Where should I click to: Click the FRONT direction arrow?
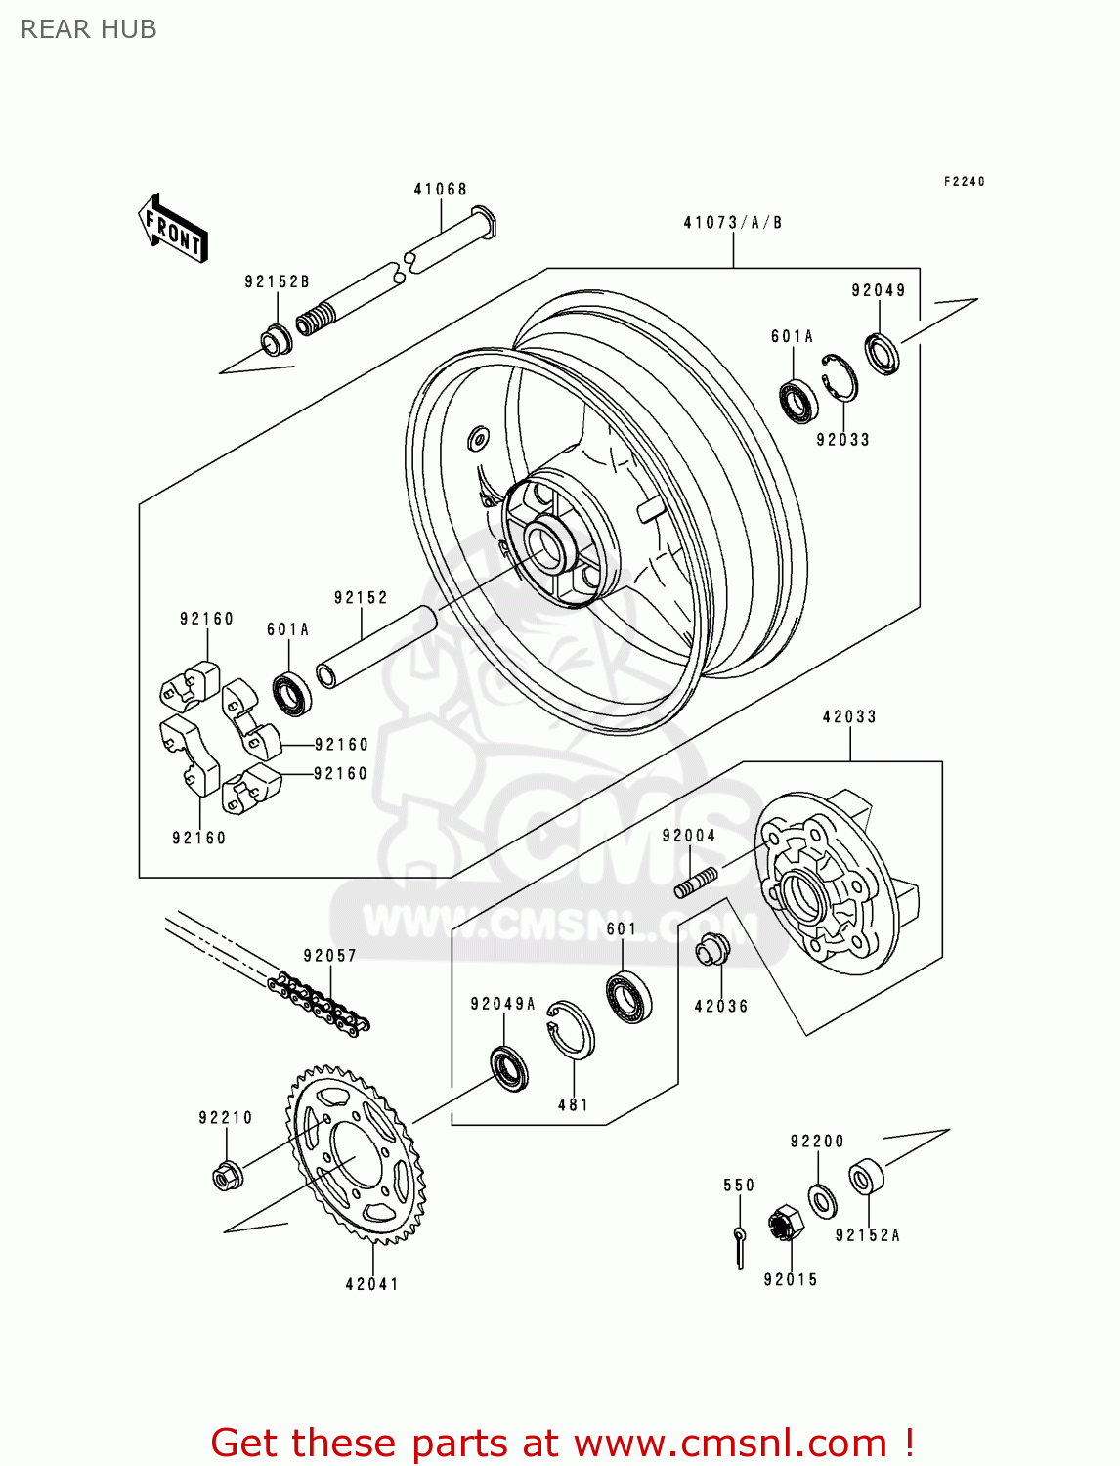[x=172, y=228]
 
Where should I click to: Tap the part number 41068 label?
[x=440, y=190]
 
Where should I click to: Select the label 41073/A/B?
[x=732, y=223]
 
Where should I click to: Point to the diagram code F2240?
[x=964, y=181]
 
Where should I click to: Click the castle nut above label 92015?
[x=786, y=1223]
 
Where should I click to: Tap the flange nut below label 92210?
[x=227, y=1176]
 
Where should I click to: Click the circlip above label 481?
[x=571, y=1029]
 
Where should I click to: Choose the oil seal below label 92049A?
[x=509, y=1069]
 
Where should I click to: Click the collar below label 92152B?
[x=276, y=340]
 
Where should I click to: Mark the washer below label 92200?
[x=822, y=1200]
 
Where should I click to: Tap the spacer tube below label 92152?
[x=376, y=647]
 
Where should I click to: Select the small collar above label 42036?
[x=712, y=948]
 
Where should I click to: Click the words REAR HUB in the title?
[x=89, y=29]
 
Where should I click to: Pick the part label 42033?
[x=849, y=716]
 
